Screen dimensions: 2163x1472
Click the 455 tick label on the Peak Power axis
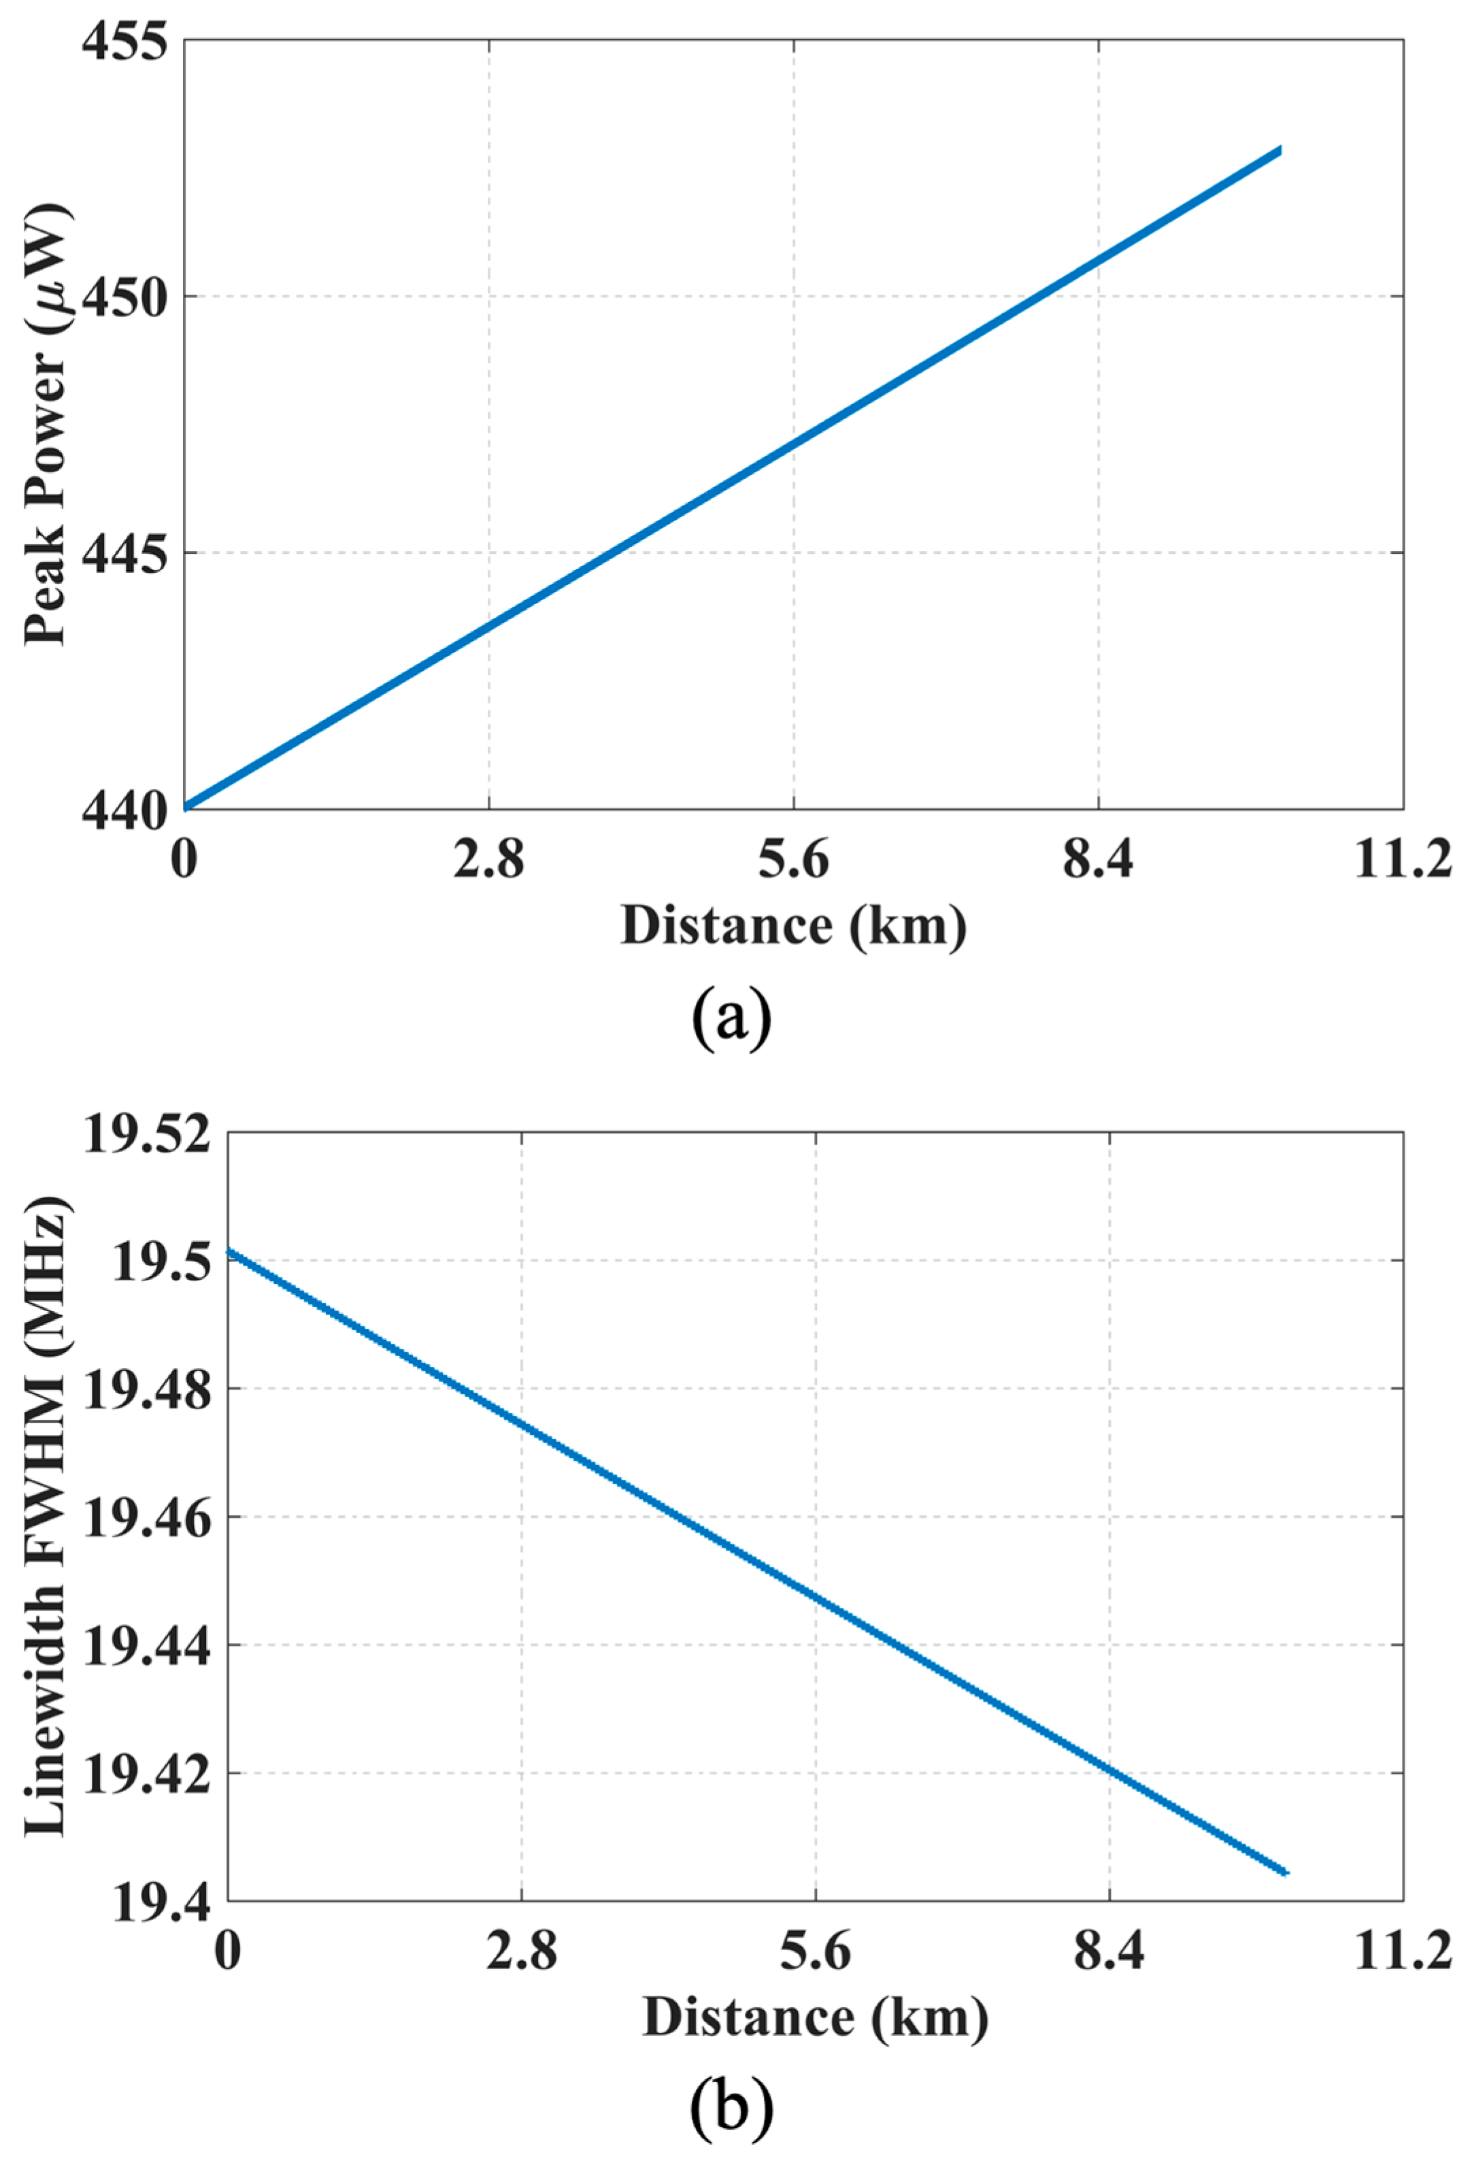tap(124, 42)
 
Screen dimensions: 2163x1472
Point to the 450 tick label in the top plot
tap(124, 299)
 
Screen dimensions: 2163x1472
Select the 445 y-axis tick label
tap(124, 555)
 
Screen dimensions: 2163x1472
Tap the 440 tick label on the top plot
tap(124, 810)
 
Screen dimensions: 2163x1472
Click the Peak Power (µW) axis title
tap(46, 423)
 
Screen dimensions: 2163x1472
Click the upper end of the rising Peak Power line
tap(1280, 150)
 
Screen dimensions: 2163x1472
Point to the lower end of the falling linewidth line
tap(1286, 1872)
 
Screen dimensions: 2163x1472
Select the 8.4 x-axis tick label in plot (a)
tap(1098, 860)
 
